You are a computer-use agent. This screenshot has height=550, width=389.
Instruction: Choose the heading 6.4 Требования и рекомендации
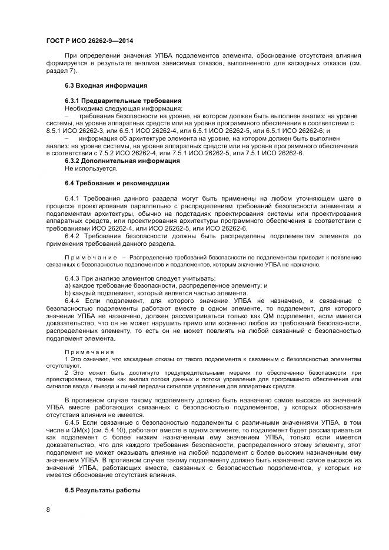(x=109, y=183)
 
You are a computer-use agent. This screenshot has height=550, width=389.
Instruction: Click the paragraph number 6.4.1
(x=72, y=200)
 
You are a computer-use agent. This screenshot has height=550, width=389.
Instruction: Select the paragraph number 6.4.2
(x=72, y=236)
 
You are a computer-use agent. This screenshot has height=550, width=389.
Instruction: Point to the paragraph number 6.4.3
(x=72, y=278)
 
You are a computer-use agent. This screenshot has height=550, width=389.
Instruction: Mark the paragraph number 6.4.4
(x=72, y=299)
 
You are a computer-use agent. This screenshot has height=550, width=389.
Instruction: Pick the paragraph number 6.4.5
(x=72, y=422)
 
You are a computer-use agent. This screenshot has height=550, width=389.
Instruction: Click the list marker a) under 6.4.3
(x=68, y=285)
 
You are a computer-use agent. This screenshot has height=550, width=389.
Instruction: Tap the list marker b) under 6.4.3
(x=68, y=292)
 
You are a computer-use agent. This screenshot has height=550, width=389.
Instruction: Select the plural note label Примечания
(x=87, y=352)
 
